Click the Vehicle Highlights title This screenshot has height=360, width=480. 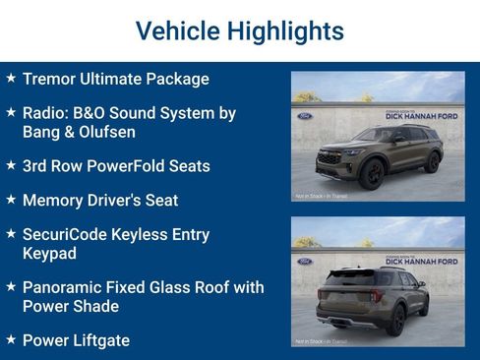[x=240, y=30]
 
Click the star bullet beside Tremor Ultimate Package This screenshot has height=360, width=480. [x=11, y=78]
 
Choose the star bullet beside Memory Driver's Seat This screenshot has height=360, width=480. [x=11, y=199]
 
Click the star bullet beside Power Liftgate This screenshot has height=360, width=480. [x=11, y=339]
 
